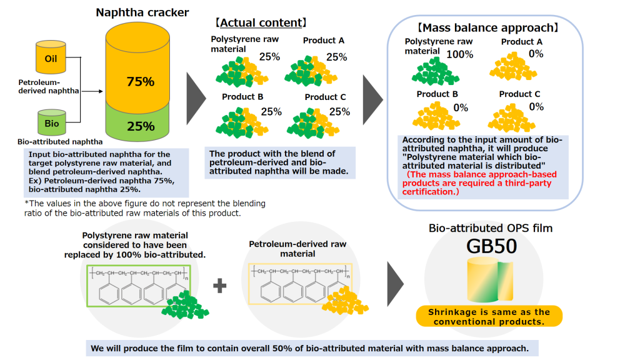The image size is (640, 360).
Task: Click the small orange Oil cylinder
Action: click(51, 59)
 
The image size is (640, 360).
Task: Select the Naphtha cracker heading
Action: click(142, 12)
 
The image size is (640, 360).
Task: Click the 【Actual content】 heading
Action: click(261, 23)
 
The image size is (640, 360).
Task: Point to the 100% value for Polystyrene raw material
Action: click(459, 54)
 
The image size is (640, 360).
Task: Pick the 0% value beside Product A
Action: click(536, 54)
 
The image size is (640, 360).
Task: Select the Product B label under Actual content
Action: click(242, 97)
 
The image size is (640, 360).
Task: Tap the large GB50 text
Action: click(491, 246)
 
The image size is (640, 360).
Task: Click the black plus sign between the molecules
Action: click(219, 287)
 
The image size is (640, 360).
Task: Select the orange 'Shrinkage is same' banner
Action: click(489, 316)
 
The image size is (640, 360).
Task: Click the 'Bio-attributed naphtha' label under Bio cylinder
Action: click(51, 142)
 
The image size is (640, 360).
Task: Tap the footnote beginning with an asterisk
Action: click(145, 209)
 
